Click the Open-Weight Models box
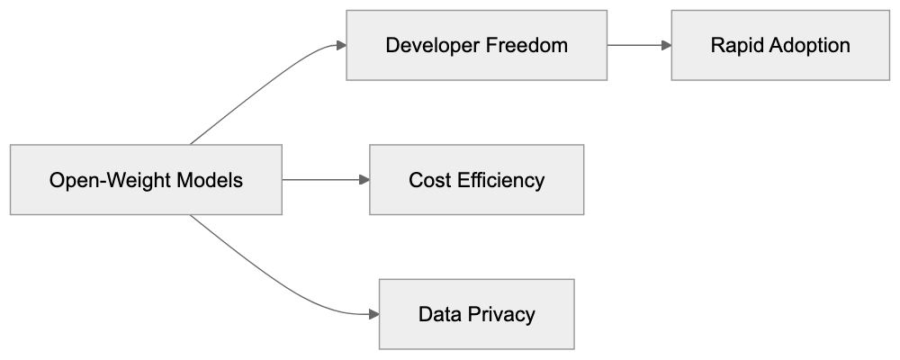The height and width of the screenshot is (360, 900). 146,180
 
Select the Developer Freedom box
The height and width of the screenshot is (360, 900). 476,45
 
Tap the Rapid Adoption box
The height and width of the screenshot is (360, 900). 779,45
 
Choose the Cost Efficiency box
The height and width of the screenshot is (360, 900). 476,180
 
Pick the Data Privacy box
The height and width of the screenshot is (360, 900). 476,315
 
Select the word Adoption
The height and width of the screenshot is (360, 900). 809,45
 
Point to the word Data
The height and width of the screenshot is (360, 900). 437,315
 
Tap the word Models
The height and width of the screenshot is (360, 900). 211,180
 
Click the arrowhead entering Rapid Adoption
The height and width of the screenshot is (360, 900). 666,45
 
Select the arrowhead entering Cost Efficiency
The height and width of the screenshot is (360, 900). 364,180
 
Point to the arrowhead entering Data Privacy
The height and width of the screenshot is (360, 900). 373,315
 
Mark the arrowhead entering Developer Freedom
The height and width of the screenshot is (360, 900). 341,45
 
